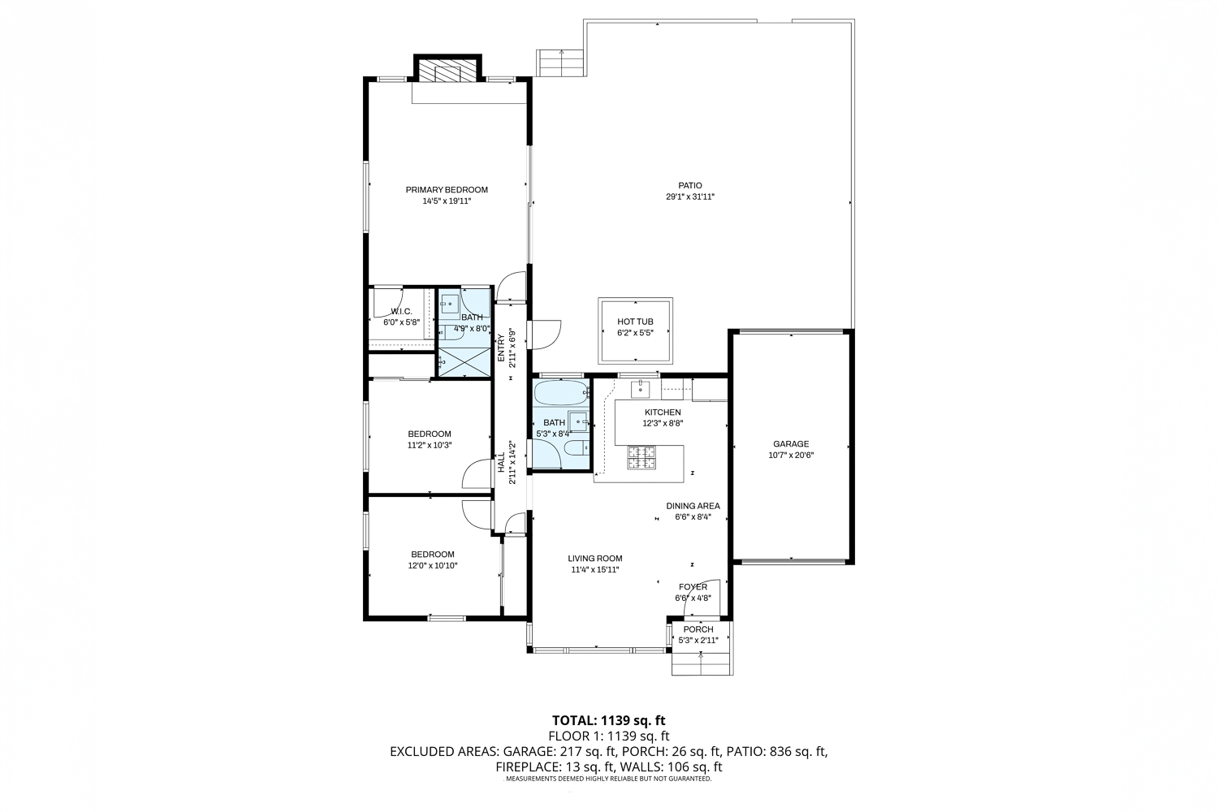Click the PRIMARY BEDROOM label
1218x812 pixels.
(x=447, y=190)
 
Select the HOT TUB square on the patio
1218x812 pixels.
(x=635, y=330)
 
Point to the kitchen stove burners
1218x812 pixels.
(x=642, y=457)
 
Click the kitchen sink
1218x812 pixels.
(x=641, y=390)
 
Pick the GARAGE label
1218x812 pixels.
(x=791, y=444)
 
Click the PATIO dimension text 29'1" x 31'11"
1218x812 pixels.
(x=690, y=197)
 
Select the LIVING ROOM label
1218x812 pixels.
(x=595, y=558)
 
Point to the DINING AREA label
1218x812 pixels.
(x=693, y=506)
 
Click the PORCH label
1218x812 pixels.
(x=698, y=629)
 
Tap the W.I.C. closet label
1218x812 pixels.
(x=401, y=312)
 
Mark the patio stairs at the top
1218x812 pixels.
(x=561, y=63)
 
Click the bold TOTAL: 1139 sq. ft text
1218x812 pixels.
(x=608, y=720)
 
